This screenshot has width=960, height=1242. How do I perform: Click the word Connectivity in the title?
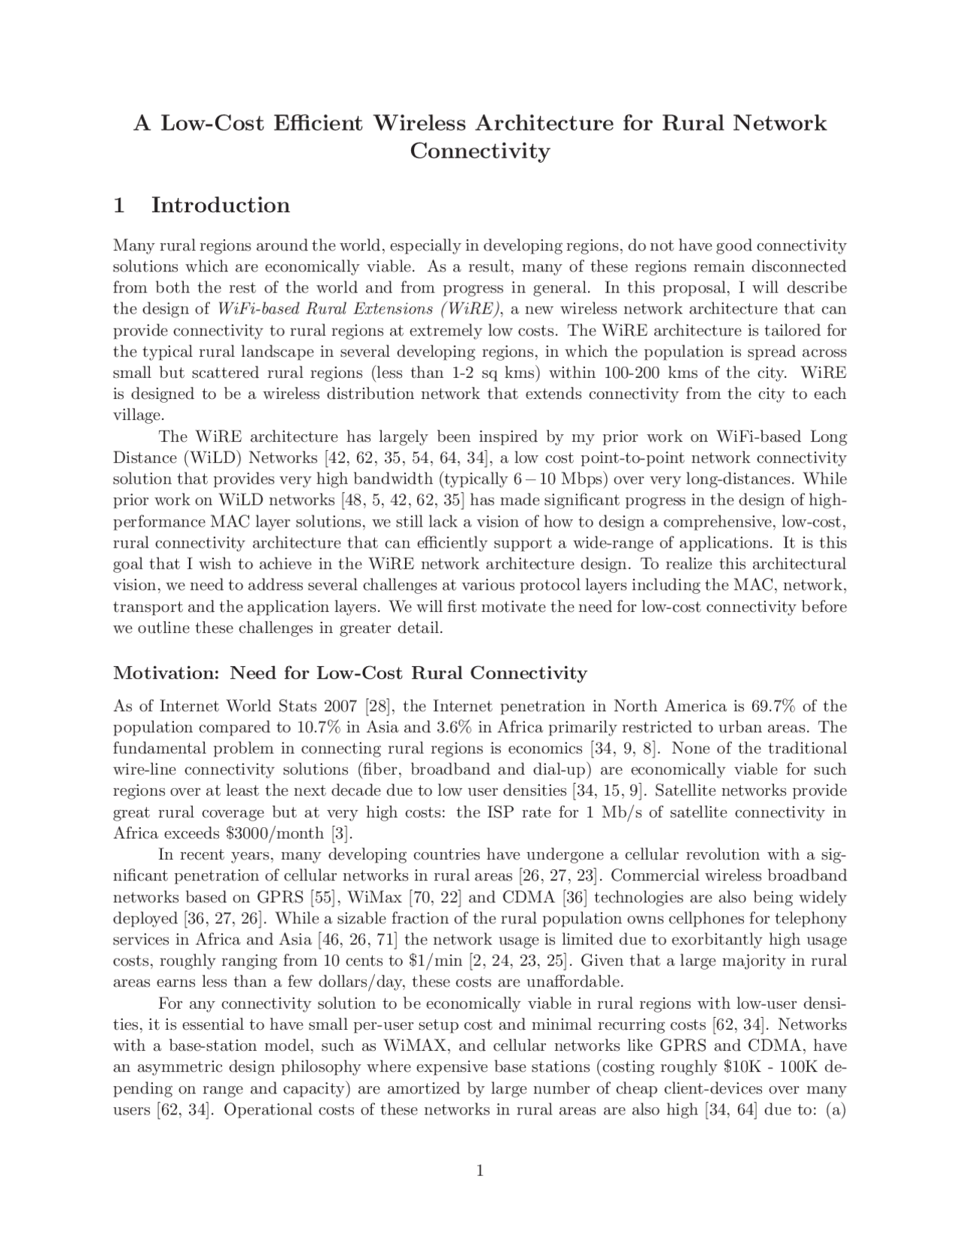click(480, 151)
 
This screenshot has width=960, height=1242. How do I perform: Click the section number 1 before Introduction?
click(118, 205)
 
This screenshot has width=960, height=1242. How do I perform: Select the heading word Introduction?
click(220, 205)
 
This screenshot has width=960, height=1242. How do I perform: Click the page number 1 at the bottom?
click(480, 1171)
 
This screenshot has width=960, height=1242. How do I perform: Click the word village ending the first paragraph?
click(136, 415)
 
